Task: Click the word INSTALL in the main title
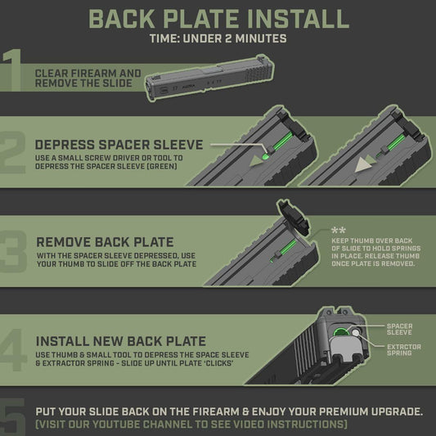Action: point(298,19)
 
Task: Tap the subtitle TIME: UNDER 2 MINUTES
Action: point(218,38)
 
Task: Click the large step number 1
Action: point(12,70)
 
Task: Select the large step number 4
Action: point(13,350)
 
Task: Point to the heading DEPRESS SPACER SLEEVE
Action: point(119,145)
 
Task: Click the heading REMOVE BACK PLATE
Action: point(105,242)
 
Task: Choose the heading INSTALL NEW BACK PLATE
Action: point(121,341)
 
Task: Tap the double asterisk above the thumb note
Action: point(339,231)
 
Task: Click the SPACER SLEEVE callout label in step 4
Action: point(399,329)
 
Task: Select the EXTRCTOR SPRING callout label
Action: point(404,350)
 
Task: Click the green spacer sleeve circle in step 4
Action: point(341,332)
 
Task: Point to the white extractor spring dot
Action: point(356,333)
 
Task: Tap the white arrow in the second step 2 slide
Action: point(362,164)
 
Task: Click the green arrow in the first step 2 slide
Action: point(256,160)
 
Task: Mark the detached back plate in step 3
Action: point(293,217)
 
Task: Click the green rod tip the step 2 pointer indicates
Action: point(265,156)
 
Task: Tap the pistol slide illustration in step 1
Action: point(209,79)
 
